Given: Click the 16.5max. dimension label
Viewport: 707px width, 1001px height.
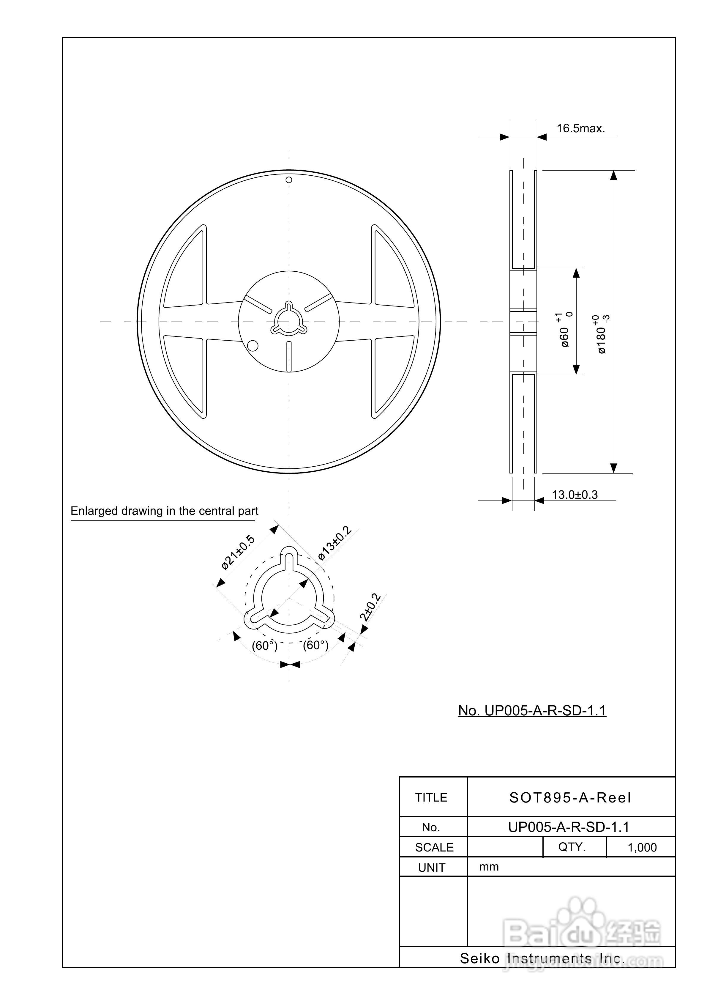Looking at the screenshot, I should click(x=580, y=129).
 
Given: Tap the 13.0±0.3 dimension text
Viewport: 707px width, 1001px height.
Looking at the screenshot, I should click(x=575, y=495).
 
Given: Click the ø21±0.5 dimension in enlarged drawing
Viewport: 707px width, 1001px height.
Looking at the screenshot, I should click(x=238, y=553).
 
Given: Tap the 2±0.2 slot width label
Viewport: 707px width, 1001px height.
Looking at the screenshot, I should click(x=370, y=607).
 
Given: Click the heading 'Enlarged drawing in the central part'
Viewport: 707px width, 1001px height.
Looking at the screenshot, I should click(x=164, y=511).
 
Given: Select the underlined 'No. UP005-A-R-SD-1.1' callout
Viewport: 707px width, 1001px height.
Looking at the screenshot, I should click(x=532, y=711).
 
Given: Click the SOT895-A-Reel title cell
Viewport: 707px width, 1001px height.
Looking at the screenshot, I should click(x=570, y=798).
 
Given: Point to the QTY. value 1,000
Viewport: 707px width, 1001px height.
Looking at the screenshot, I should click(x=642, y=848).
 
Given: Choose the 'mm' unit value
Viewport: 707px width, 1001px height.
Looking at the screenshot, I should click(x=489, y=867).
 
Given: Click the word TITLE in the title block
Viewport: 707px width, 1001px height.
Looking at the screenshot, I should click(x=431, y=798).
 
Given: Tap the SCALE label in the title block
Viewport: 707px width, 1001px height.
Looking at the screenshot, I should click(x=434, y=848).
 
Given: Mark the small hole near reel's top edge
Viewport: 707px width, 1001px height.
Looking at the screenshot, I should click(x=288, y=180).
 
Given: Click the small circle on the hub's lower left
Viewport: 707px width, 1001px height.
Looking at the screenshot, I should click(x=252, y=346).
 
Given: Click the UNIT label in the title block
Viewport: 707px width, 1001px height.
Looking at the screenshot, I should click(x=432, y=868).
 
